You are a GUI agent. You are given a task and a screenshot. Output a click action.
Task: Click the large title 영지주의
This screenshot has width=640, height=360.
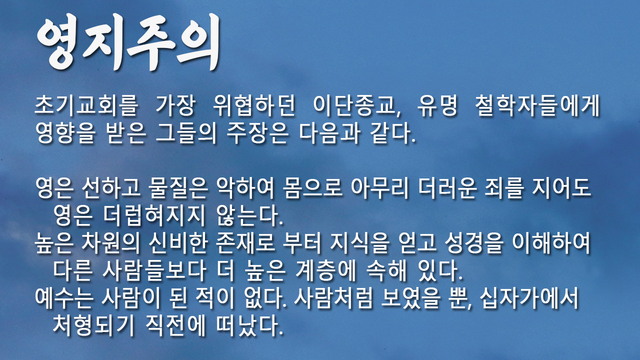pyautogui.click(x=128, y=42)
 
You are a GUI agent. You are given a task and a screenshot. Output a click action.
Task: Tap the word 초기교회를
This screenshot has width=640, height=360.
pyautogui.click(x=86, y=105)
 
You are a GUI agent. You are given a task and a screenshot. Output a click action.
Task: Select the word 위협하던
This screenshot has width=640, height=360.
pyautogui.click(x=254, y=105)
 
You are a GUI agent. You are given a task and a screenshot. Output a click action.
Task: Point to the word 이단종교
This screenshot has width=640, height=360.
pyautogui.click(x=354, y=105)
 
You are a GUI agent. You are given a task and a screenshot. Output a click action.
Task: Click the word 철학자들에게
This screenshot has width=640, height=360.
pyautogui.click(x=537, y=105)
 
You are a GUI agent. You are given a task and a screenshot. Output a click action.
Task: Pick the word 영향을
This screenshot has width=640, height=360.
pyautogui.click(x=65, y=133)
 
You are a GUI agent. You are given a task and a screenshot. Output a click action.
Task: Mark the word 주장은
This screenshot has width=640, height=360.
pyautogui.click(x=257, y=133)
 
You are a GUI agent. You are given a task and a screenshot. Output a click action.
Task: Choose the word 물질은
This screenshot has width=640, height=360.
pyautogui.click(x=178, y=187)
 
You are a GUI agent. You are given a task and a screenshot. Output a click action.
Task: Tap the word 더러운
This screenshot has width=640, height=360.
pyautogui.click(x=447, y=187)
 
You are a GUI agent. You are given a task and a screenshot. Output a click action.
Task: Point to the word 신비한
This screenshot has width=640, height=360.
pyautogui.click(x=178, y=243)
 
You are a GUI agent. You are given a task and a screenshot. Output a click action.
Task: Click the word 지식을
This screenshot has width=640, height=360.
pyautogui.click(x=360, y=243)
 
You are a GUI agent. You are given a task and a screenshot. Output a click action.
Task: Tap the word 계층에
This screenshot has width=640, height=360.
pyautogui.click(x=325, y=270)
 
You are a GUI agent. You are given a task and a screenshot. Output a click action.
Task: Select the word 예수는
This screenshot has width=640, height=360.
pyautogui.click(x=64, y=297)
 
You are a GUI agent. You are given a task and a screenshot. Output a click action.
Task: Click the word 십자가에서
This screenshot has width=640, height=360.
pyautogui.click(x=529, y=297)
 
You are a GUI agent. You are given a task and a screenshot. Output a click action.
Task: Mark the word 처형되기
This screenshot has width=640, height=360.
pyautogui.click(x=93, y=325)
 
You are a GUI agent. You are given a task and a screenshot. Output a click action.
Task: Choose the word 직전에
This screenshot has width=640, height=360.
pyautogui.click(x=175, y=325)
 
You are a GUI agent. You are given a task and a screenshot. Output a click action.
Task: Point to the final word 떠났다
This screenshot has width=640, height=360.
pyautogui.click(x=249, y=325)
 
